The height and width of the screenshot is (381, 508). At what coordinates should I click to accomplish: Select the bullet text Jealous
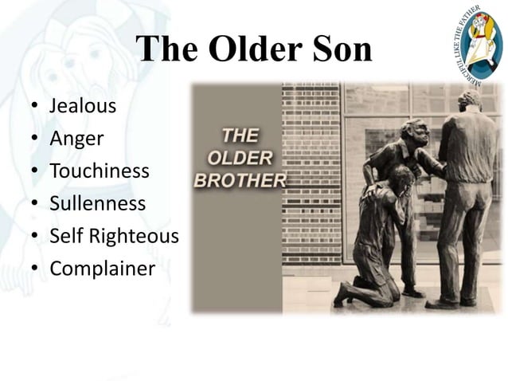[x=83, y=105]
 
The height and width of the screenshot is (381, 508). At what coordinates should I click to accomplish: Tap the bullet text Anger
[x=77, y=138]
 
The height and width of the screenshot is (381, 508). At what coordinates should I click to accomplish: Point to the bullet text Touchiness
[x=100, y=171]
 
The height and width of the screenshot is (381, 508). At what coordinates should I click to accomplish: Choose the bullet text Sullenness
[x=98, y=203]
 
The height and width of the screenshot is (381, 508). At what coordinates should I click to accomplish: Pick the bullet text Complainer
[x=102, y=269]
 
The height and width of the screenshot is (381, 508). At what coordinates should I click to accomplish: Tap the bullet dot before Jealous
[x=35, y=106]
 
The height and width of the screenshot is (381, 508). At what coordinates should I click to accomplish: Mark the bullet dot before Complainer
[x=35, y=269]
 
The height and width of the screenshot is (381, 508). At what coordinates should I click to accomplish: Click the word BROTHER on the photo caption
[x=239, y=179]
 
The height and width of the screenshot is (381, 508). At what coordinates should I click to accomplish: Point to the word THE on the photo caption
[x=240, y=134]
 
